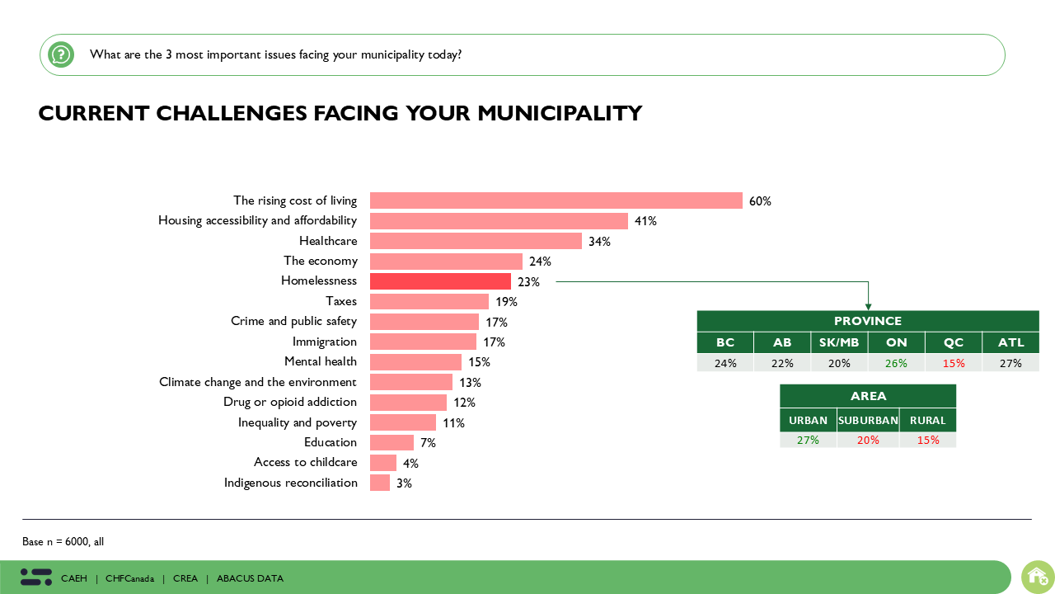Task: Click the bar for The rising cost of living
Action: [556, 200]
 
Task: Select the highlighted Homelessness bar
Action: [440, 281]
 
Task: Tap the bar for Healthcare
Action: [476, 241]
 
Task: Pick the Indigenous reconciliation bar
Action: [380, 483]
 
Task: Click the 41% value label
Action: [645, 221]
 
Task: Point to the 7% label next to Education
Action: [427, 443]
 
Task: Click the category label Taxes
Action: [341, 301]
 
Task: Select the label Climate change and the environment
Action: [258, 382]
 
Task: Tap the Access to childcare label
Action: [306, 463]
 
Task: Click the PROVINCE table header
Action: [868, 321]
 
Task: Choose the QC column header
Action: [954, 342]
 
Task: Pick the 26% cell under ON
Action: [897, 363]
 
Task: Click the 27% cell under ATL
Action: [1010, 363]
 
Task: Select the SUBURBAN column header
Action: [868, 420]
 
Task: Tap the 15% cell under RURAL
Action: [928, 440]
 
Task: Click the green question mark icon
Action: [61, 54]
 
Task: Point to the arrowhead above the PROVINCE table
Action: [868, 306]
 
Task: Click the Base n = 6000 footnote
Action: [63, 542]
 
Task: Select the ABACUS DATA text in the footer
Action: [250, 578]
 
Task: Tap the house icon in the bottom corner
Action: [1037, 577]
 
